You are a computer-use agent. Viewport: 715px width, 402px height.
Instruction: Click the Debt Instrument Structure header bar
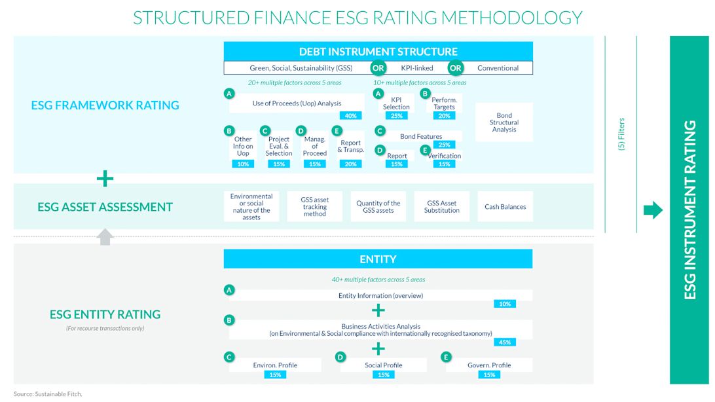(x=378, y=51)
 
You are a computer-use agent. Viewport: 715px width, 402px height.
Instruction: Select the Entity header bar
(x=378, y=259)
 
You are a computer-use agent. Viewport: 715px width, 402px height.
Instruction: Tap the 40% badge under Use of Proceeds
(x=350, y=116)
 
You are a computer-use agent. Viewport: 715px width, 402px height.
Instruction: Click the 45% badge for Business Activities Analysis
(x=504, y=342)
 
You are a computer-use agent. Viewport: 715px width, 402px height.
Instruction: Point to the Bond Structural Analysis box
(x=504, y=122)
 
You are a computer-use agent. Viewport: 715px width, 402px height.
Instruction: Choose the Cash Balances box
(x=505, y=207)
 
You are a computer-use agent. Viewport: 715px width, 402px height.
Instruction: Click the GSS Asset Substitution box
(x=441, y=207)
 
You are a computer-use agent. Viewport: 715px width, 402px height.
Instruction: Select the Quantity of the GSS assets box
(x=378, y=207)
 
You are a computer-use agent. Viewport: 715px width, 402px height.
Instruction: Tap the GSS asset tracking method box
(x=314, y=207)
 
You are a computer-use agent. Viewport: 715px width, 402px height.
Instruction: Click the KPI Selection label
(x=396, y=103)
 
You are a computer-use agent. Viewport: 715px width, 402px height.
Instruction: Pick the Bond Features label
(x=421, y=136)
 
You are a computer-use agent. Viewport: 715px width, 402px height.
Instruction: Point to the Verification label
(x=445, y=156)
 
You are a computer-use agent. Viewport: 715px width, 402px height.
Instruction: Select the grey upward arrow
(x=105, y=236)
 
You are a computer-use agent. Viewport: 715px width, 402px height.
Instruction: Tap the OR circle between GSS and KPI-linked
(x=378, y=68)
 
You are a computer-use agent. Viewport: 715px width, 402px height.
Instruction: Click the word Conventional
(x=498, y=68)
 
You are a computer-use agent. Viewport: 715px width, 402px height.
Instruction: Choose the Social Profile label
(x=383, y=365)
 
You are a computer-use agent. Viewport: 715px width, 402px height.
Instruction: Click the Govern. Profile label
(x=488, y=365)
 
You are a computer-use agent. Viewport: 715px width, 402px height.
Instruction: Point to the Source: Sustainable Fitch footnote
(x=48, y=394)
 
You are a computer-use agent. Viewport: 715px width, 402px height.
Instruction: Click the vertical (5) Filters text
(x=621, y=134)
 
